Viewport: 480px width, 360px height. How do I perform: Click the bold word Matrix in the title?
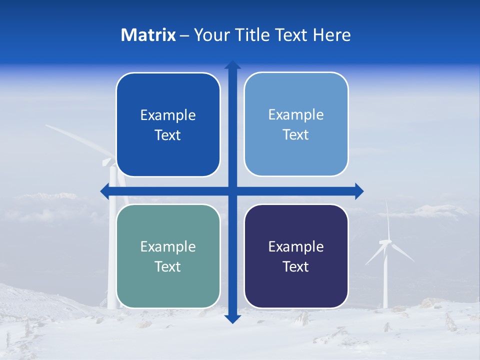pyautogui.click(x=148, y=35)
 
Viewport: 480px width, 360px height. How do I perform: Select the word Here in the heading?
pyautogui.click(x=331, y=35)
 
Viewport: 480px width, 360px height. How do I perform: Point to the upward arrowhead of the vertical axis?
pyautogui.click(x=232, y=65)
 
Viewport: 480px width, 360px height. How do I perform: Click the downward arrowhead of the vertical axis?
pyautogui.click(x=232, y=318)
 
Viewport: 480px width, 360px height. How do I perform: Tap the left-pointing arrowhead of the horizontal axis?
pyautogui.click(x=105, y=191)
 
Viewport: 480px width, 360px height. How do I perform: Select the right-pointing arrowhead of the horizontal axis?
pyautogui.click(x=359, y=191)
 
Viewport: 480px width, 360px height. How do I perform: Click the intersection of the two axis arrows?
pyautogui.click(x=232, y=191)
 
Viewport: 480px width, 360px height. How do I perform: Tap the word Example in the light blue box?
pyautogui.click(x=296, y=115)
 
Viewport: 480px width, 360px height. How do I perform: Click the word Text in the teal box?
pyautogui.click(x=168, y=267)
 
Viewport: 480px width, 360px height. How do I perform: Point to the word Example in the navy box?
pyautogui.click(x=296, y=246)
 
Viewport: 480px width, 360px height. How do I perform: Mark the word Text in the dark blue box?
pyautogui.click(x=168, y=135)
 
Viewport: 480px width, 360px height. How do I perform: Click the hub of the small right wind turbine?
pyautogui.click(x=385, y=242)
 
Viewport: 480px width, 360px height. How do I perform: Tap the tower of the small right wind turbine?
pyautogui.click(x=385, y=280)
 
